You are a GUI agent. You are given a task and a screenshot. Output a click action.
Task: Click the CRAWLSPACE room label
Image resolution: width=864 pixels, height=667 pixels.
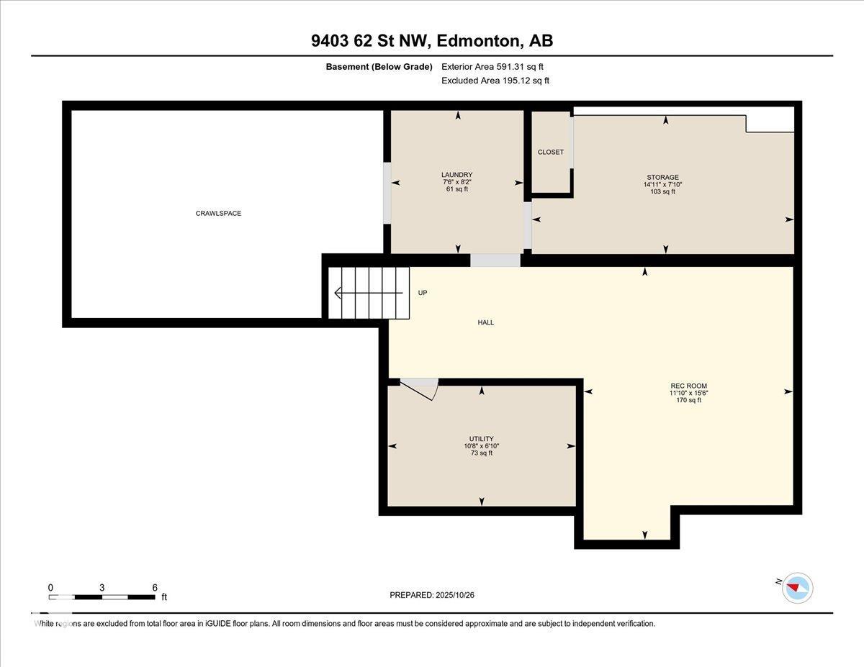(x=218, y=213)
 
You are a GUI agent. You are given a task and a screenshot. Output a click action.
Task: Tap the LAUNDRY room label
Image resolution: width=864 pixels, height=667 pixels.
(x=456, y=175)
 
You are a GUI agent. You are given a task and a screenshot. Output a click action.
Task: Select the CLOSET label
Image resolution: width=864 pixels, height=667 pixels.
(x=551, y=152)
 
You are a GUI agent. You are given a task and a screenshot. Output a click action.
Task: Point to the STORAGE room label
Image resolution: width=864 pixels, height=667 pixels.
(x=662, y=177)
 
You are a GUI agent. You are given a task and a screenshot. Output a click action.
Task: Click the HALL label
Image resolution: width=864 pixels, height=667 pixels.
(x=486, y=322)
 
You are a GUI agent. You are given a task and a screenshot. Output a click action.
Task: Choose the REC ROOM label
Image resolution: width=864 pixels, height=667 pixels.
(x=685, y=385)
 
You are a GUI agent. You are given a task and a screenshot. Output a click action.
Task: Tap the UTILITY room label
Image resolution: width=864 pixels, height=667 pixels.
(x=481, y=439)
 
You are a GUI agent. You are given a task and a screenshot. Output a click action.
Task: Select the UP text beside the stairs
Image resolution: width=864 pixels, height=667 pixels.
(x=423, y=293)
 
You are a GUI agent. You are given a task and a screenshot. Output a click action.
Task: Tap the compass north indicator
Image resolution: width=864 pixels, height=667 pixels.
(x=796, y=587)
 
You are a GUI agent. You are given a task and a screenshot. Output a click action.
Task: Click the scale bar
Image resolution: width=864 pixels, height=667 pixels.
(x=102, y=597)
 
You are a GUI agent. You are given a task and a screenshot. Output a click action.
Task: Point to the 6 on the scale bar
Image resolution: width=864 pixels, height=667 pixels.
(x=155, y=587)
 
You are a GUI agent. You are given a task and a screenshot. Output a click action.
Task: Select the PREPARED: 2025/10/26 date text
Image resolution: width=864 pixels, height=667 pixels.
(x=433, y=595)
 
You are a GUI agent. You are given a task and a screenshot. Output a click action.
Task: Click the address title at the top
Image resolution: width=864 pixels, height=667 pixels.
(x=432, y=41)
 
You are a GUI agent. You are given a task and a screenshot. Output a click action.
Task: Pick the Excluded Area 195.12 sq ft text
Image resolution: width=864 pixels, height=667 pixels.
(x=495, y=81)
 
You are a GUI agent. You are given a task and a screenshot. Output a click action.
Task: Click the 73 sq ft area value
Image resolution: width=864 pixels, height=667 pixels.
(x=481, y=453)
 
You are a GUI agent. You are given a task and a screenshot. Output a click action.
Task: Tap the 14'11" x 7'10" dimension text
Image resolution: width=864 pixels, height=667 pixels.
(x=662, y=184)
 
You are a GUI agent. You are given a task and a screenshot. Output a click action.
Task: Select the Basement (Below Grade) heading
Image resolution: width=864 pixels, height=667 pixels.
(x=378, y=67)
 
